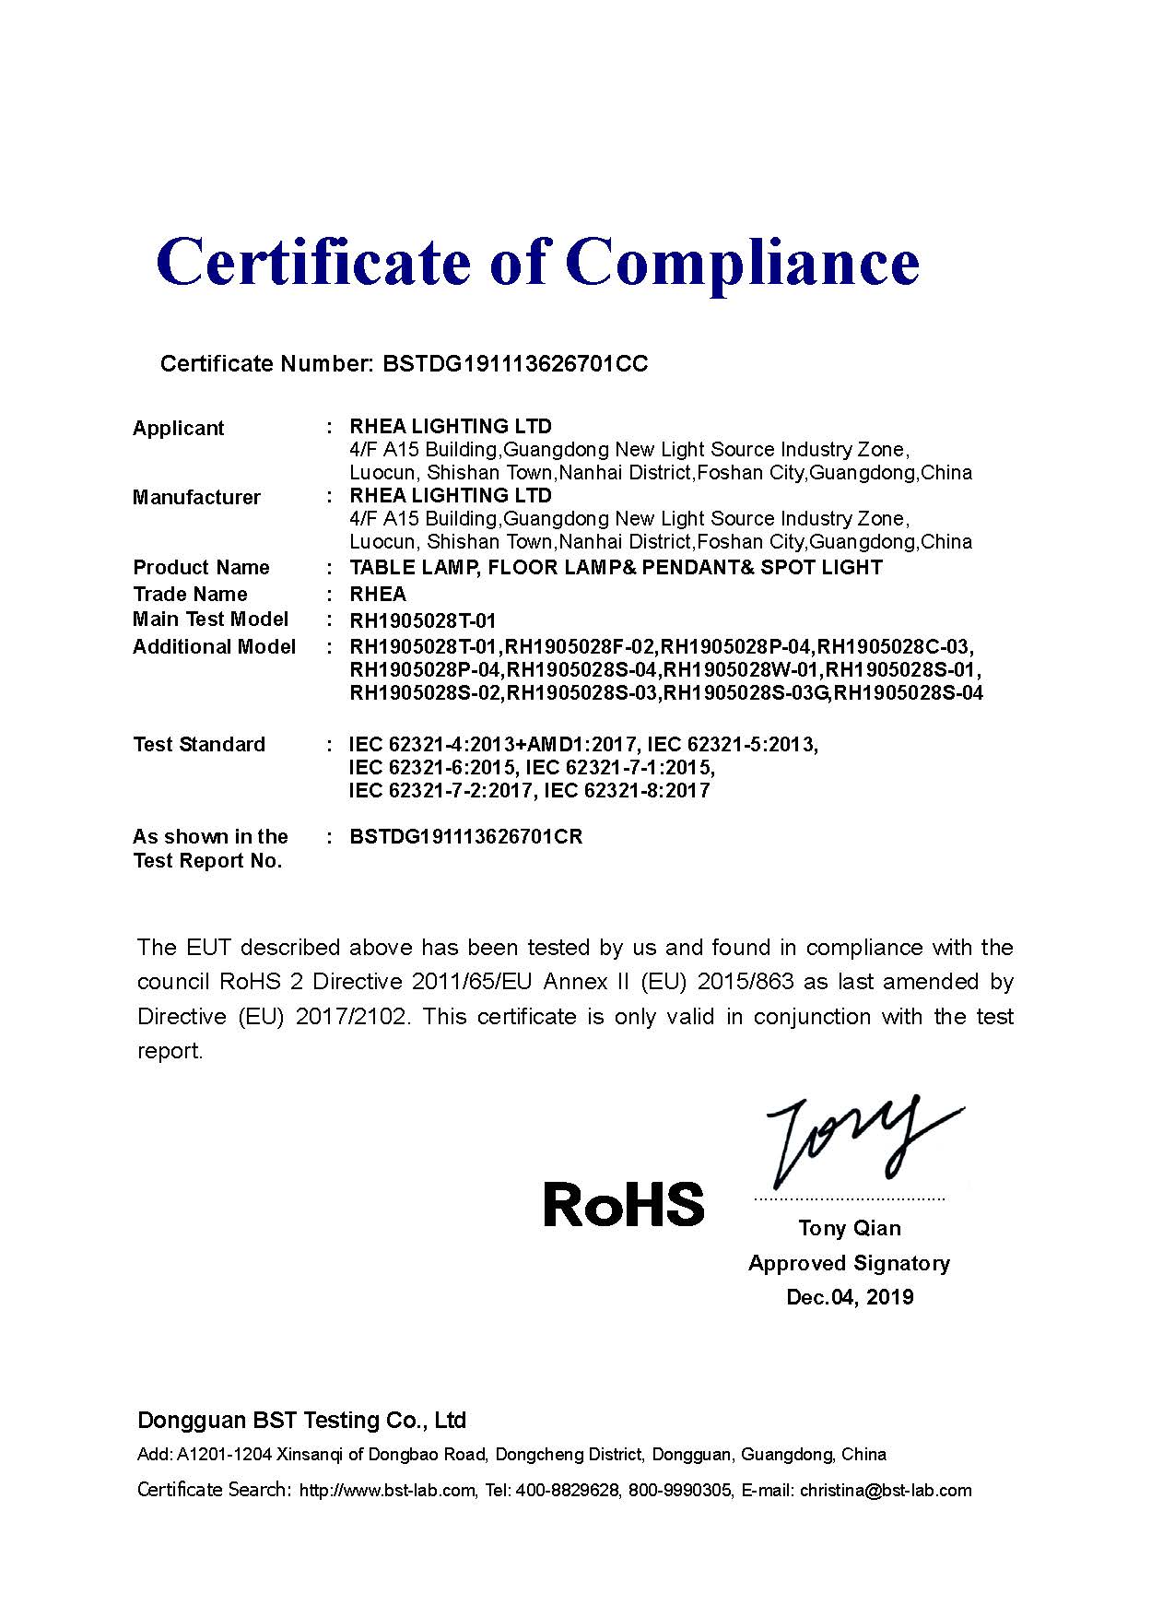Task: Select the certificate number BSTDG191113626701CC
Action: pos(514,364)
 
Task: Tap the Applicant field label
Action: pos(179,429)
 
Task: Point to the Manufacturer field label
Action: pos(196,498)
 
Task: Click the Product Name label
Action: pos(201,568)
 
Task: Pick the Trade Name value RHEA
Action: pos(378,595)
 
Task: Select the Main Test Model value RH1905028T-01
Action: pos(423,621)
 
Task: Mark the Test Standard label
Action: pos(199,745)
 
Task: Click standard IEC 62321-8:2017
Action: pos(628,791)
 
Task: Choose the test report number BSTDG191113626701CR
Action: pos(466,837)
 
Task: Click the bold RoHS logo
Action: pos(624,1204)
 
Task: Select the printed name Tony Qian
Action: pos(850,1228)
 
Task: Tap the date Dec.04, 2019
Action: pos(850,1297)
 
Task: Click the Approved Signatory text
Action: pos(849,1263)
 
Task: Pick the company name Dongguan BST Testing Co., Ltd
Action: pos(302,1420)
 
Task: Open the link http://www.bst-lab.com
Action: pos(388,1491)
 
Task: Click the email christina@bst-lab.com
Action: pos(886,1491)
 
